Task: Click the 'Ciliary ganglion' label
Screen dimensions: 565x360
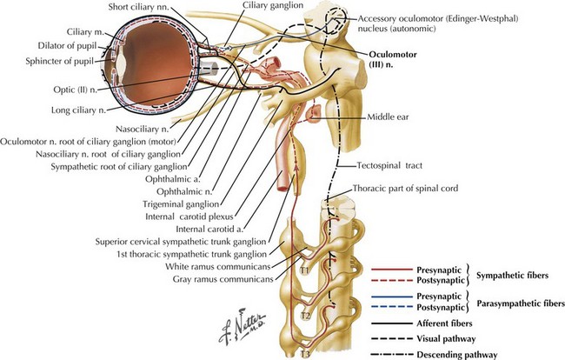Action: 273,5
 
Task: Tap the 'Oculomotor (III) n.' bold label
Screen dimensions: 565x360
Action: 392,59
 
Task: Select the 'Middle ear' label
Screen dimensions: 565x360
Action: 388,117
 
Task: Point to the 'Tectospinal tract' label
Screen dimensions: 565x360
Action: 389,165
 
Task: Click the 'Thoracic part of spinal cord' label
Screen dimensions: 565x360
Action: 405,188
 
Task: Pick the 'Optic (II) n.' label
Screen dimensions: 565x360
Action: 76,90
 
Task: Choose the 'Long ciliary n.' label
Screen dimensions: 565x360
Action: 78,110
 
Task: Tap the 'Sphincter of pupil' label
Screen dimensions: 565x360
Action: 59,61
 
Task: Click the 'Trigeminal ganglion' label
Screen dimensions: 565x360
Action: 181,204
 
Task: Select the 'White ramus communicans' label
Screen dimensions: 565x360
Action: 218,266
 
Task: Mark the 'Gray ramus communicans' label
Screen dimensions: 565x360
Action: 223,279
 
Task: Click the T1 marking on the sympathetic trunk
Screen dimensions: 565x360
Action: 305,270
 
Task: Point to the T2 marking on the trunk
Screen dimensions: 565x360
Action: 305,316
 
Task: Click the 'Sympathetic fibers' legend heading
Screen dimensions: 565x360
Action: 512,276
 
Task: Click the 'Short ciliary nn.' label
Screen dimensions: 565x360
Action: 139,7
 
